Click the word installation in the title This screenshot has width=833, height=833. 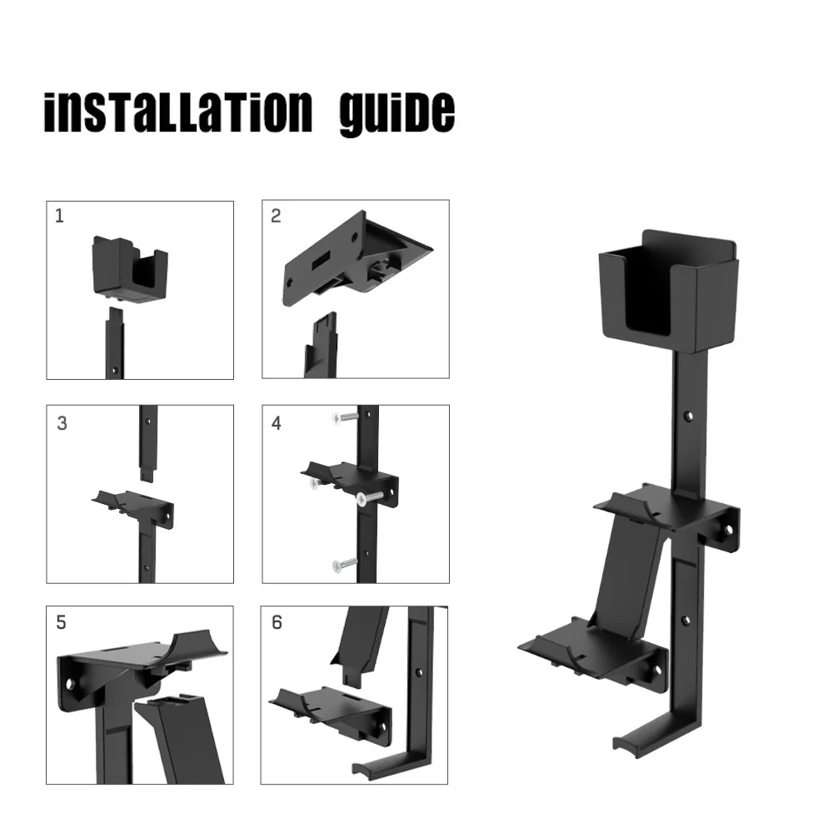(178, 112)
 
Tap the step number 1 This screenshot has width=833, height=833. (59, 216)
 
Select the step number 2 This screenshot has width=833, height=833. (276, 216)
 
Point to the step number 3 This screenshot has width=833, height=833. (62, 423)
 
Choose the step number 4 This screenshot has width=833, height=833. (277, 423)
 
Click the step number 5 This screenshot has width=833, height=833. (61, 622)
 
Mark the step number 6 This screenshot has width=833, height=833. (277, 622)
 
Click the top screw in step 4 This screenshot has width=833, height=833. (344, 418)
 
